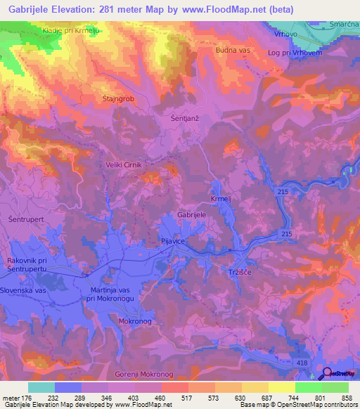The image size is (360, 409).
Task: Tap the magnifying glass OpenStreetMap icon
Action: click(x=325, y=373)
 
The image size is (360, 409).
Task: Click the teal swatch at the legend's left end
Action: click(x=41, y=387)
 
